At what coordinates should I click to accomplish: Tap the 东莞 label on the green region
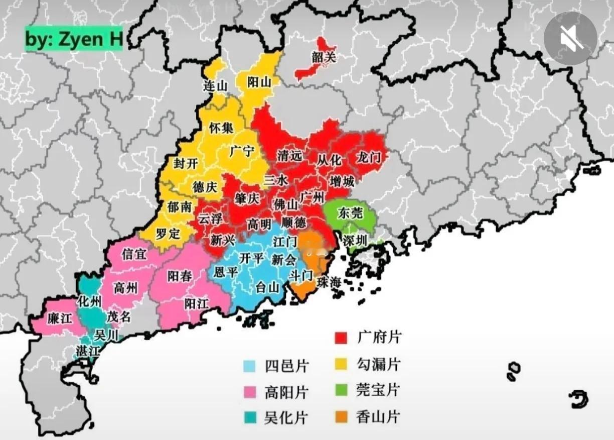[350, 212]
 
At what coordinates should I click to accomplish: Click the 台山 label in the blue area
[267, 287]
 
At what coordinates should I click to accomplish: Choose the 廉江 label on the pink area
[59, 318]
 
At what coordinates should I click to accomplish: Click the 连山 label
[215, 86]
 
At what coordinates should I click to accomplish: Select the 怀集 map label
[221, 128]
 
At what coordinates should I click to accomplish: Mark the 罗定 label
[168, 234]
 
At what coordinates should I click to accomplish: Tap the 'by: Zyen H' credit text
[74, 40]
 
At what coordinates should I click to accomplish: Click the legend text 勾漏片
[379, 364]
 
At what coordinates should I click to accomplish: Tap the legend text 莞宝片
[379, 390]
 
